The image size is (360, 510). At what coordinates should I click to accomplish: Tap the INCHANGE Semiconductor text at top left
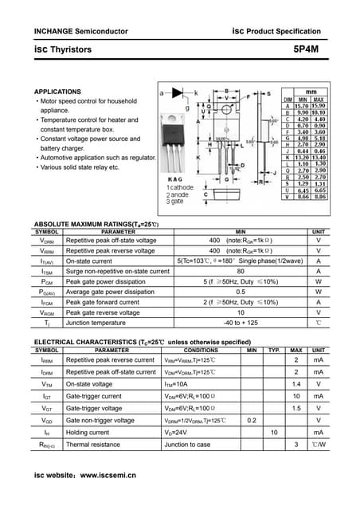pyautogui.click(x=75, y=30)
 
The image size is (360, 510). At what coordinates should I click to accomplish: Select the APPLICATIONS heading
pyautogui.click(x=57, y=92)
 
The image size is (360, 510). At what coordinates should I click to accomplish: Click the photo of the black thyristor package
pyautogui.click(x=174, y=143)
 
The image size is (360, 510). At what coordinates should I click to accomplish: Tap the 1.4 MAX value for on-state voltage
pyautogui.click(x=296, y=383)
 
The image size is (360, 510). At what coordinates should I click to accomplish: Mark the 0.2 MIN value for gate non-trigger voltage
pyautogui.click(x=252, y=420)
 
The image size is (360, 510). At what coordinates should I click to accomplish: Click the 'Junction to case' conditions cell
pyautogui.click(x=187, y=445)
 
